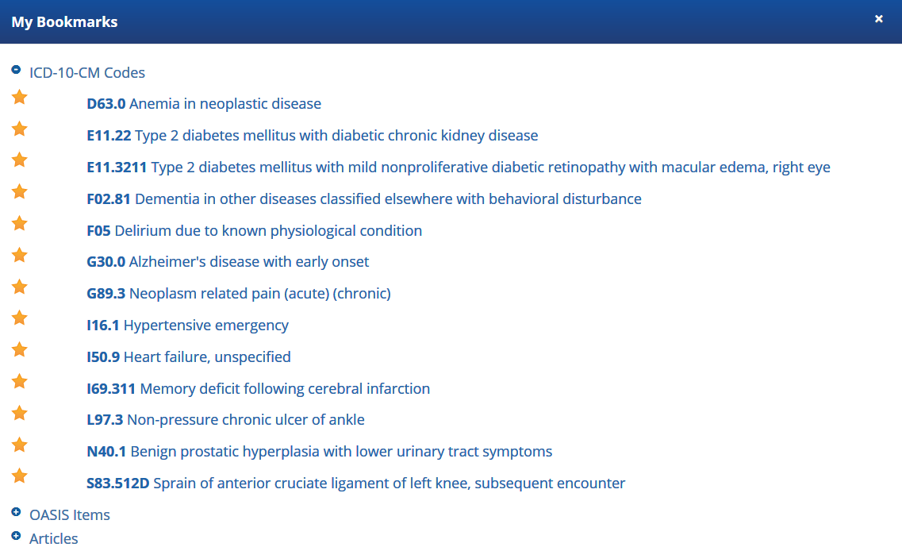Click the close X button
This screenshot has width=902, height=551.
(x=878, y=19)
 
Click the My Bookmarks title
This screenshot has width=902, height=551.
(x=64, y=22)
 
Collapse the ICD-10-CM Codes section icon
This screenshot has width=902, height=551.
(x=16, y=70)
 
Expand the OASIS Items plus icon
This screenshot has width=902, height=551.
(x=16, y=512)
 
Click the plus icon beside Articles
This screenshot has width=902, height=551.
(x=16, y=535)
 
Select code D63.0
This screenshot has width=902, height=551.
(x=106, y=104)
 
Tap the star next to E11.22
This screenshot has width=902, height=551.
(x=20, y=129)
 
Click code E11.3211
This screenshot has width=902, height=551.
(x=117, y=167)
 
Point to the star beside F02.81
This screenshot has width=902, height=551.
(x=20, y=191)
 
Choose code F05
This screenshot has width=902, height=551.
(x=98, y=230)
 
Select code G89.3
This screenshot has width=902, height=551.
(x=106, y=293)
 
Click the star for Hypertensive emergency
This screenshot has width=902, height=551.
(x=20, y=318)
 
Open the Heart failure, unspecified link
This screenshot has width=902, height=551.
(x=207, y=357)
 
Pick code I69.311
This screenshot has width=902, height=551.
(x=111, y=388)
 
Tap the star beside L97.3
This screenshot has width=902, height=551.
(x=20, y=413)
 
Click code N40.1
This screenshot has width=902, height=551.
(x=106, y=452)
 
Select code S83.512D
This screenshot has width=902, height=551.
(x=118, y=483)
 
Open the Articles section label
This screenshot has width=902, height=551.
(x=53, y=538)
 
